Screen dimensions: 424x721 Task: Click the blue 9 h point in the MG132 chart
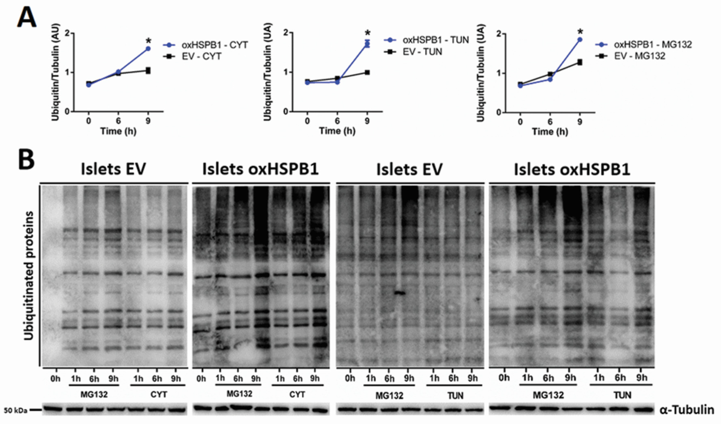coord(580,40)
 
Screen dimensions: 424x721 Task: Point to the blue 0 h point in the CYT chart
coord(89,85)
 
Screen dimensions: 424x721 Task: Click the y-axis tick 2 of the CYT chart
coord(67,33)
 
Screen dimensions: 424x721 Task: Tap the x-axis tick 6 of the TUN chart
coord(337,121)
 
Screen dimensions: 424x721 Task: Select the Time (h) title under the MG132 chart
coord(550,132)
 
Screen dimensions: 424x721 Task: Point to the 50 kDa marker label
coord(16,411)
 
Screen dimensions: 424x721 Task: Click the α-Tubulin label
coord(687,410)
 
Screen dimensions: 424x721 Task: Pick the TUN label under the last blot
coord(622,395)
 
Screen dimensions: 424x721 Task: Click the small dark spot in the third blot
coord(400,293)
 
